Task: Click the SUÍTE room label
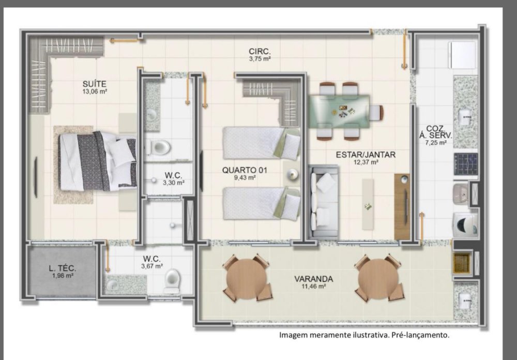point(94,84)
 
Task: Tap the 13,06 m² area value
point(94,92)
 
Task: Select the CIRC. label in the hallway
point(260,52)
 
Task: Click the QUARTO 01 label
point(245,170)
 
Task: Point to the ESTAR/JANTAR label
point(366,155)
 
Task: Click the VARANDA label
point(314,279)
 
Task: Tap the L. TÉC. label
point(63,268)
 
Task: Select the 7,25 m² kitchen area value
point(436,143)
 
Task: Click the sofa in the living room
point(324,201)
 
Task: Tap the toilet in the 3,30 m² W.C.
point(158,147)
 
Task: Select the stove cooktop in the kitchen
point(466,164)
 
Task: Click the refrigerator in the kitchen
point(463,55)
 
